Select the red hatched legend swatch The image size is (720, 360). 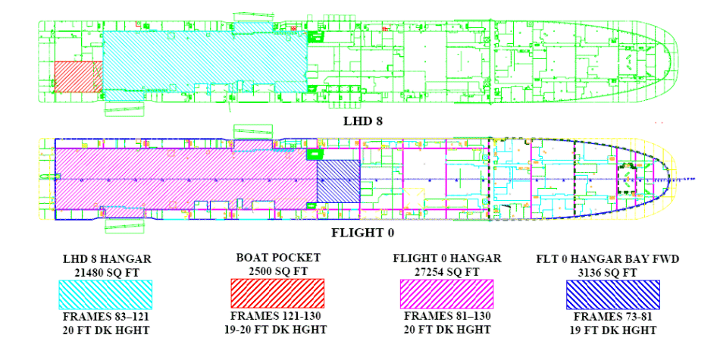[277, 293]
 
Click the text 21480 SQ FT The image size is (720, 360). [106, 271]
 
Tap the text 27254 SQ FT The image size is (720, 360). [446, 271]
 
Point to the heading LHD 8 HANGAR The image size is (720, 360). [106, 258]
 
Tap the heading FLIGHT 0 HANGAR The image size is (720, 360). [446, 258]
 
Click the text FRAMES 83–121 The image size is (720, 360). [106, 318]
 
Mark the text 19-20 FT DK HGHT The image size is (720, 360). [277, 330]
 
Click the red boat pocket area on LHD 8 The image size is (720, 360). [78, 77]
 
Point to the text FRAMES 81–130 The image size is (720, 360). [446, 318]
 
